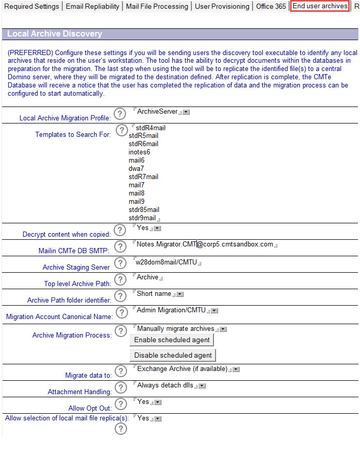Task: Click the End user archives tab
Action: tap(320, 6)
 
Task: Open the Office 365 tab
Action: tap(271, 6)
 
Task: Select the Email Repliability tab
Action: tap(92, 6)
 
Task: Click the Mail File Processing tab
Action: tap(157, 6)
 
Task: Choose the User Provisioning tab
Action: tap(222, 6)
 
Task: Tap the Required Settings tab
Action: tap(32, 6)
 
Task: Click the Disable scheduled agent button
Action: tap(173, 355)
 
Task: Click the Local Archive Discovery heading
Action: tap(55, 34)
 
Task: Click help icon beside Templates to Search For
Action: tap(121, 130)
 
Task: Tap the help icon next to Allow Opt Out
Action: tap(120, 404)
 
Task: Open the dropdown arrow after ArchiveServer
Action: tap(186, 112)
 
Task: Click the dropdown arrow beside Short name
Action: tap(181, 294)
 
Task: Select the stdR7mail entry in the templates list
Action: tap(143, 176)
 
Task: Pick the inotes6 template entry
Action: tap(139, 152)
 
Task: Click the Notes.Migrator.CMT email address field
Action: tap(205, 244)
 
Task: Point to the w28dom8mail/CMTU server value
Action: tap(167, 261)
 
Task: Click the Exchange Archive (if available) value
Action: tap(182, 368)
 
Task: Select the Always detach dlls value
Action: tap(165, 385)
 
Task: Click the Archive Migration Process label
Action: tap(71, 335)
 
